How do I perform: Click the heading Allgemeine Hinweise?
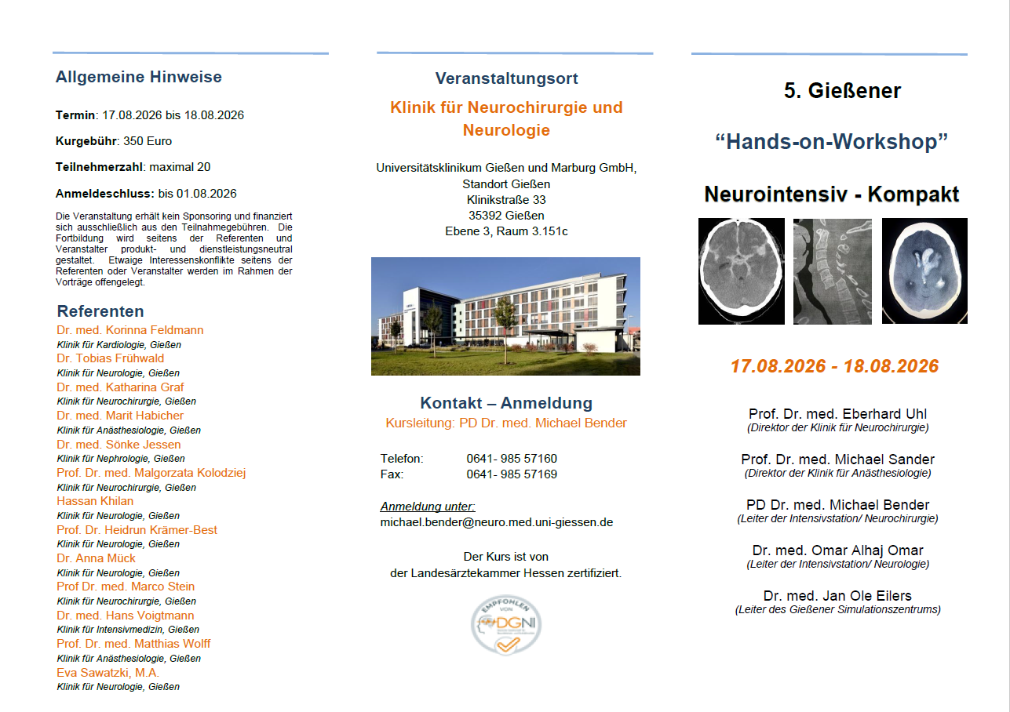[139, 77]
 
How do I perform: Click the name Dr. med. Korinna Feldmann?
[129, 330]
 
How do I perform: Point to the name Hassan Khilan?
[95, 501]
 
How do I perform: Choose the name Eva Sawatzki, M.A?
[108, 673]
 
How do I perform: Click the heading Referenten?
[100, 311]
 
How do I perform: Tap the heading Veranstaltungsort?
[506, 78]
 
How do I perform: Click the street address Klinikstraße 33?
[506, 200]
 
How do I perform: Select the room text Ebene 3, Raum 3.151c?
[506, 231]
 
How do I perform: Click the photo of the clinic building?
[505, 316]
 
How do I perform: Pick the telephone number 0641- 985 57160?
[512, 459]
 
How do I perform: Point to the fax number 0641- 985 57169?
[512, 474]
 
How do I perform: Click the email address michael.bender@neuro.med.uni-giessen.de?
[497, 521]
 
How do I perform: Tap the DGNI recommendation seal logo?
[506, 625]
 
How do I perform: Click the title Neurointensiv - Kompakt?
[832, 194]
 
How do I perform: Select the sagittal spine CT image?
[833, 271]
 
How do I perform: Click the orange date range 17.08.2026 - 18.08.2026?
[834, 366]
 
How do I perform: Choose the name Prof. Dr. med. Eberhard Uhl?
[837, 414]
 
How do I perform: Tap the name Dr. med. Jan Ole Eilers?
[837, 596]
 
